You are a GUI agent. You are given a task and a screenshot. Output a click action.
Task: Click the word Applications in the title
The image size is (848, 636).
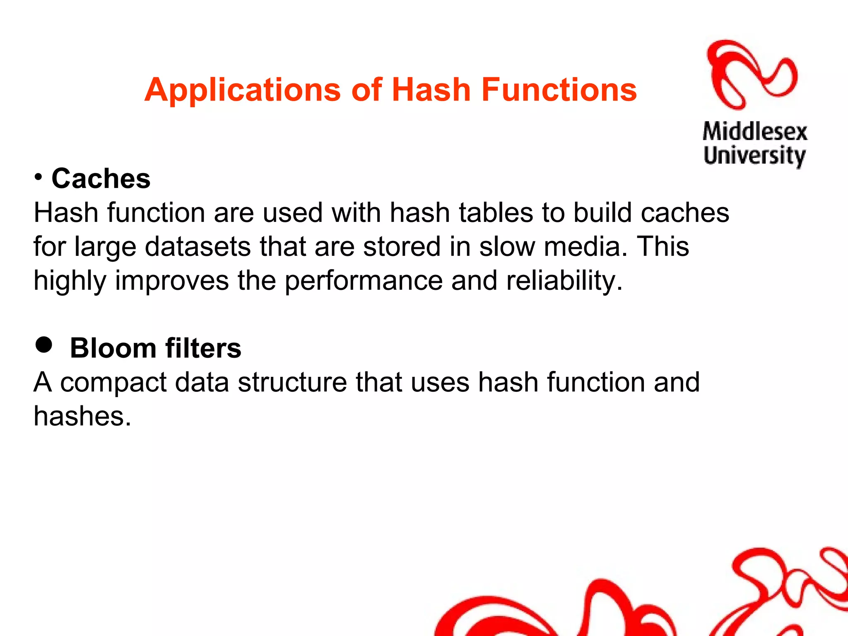pyautogui.click(x=243, y=90)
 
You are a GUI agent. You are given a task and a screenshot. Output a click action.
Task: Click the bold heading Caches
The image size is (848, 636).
pyautogui.click(x=101, y=179)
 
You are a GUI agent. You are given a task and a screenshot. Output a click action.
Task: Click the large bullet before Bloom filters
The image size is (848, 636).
pyautogui.click(x=44, y=344)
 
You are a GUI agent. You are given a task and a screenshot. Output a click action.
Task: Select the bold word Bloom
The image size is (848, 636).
pyautogui.click(x=113, y=348)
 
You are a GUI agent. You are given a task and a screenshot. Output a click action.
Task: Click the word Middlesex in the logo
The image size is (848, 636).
pyautogui.click(x=754, y=132)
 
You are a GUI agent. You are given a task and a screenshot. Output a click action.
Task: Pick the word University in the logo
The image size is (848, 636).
pyautogui.click(x=754, y=156)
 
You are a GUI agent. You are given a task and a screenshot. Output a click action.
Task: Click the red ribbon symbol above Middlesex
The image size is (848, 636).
pyautogui.click(x=752, y=75)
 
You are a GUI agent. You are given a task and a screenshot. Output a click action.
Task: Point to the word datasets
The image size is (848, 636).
pyautogui.click(x=198, y=247)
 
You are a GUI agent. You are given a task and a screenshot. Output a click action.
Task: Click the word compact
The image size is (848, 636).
pyautogui.click(x=113, y=383)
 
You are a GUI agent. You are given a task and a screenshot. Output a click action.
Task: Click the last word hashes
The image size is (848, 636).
pyautogui.click(x=82, y=416)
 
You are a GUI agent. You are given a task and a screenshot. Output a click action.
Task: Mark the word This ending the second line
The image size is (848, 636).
pyautogui.click(x=662, y=247)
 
